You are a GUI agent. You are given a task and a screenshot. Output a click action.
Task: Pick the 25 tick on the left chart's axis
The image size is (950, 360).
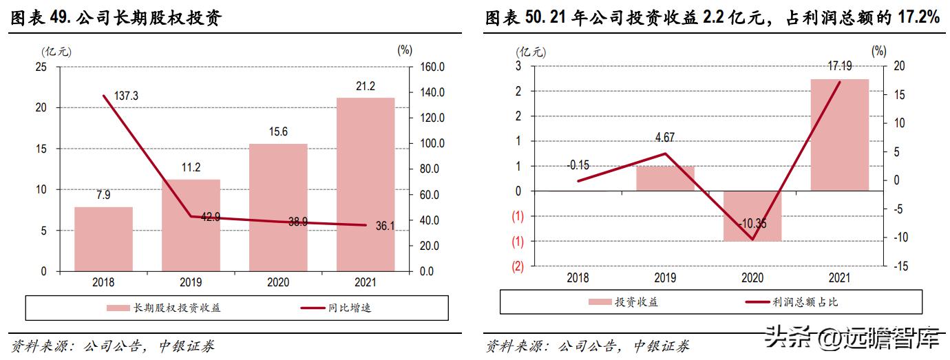tap(41, 67)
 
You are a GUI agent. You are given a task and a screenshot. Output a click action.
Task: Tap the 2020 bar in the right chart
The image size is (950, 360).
tap(752, 216)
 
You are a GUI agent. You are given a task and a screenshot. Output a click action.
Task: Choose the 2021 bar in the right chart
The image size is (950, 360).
tap(840, 135)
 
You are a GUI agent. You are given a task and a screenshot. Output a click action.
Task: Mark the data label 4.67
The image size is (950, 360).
tap(665, 137)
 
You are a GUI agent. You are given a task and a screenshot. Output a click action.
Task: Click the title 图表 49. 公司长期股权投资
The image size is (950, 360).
tap(115, 19)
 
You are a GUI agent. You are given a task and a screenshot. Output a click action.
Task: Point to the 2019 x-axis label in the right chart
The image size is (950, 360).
tap(665, 278)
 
